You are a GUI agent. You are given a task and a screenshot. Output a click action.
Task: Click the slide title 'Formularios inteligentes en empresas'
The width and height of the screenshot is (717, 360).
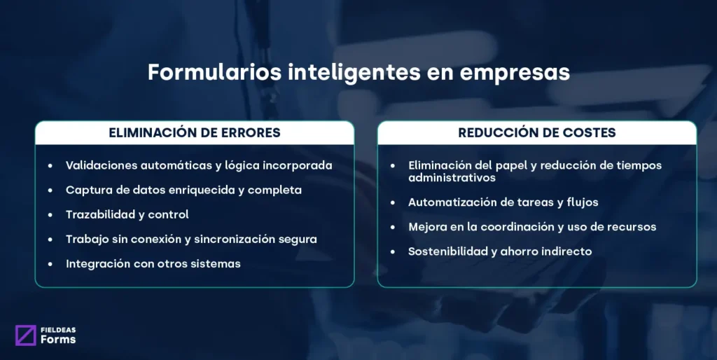coord(358,73)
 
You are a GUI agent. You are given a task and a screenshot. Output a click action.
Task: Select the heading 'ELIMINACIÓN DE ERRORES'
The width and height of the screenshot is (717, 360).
coord(194,132)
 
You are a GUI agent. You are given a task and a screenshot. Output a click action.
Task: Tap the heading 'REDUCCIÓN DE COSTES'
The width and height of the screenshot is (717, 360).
coord(537,132)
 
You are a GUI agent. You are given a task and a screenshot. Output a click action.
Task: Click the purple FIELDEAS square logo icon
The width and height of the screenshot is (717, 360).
coord(25,335)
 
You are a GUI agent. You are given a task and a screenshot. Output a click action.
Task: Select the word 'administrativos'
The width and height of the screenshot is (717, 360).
coord(452,178)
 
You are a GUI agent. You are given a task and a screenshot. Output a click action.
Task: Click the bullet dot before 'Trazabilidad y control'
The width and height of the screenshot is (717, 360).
coord(50,215)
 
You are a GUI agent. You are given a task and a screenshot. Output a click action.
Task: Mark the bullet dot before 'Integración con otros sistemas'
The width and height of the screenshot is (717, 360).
coord(50,264)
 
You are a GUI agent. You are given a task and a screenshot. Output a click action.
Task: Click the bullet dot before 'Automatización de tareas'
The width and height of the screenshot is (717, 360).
coord(393,202)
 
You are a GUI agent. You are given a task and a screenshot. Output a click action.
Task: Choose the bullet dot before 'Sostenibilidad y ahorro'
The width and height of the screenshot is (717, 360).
coord(393,251)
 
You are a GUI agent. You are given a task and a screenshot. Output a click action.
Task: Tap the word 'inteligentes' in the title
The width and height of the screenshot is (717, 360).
coord(336,73)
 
